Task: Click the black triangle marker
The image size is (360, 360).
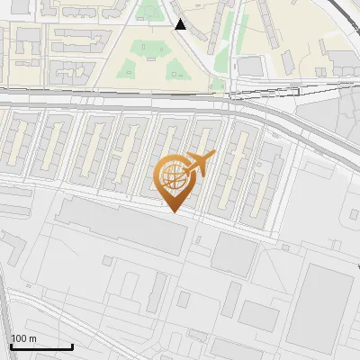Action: click(x=181, y=24)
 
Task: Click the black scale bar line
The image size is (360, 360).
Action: click(x=40, y=346)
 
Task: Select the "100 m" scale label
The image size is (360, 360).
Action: click(x=23, y=338)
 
